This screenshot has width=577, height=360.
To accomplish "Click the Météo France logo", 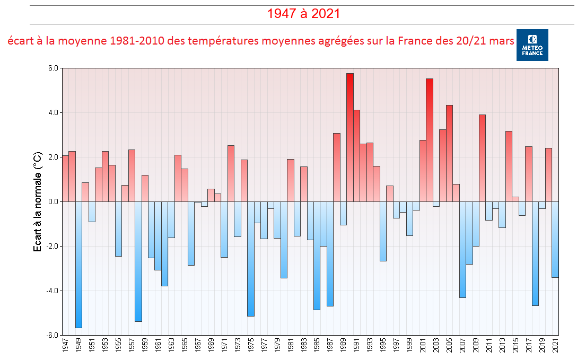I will (532, 45).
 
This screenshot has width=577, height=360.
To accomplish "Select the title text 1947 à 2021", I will (303, 14).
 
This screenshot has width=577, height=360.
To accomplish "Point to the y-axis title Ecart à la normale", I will (38, 201).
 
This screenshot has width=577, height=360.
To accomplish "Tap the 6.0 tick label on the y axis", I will (53, 68).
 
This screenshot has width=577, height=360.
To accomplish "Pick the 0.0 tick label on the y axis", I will (53, 202).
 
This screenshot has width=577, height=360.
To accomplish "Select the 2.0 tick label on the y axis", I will (53, 157).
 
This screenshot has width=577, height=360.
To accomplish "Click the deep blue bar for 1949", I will (78, 265).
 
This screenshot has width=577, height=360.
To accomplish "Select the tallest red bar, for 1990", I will (350, 138).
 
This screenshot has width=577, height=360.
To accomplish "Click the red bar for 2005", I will (449, 154).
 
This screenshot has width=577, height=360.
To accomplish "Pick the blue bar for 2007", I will (462, 249).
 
